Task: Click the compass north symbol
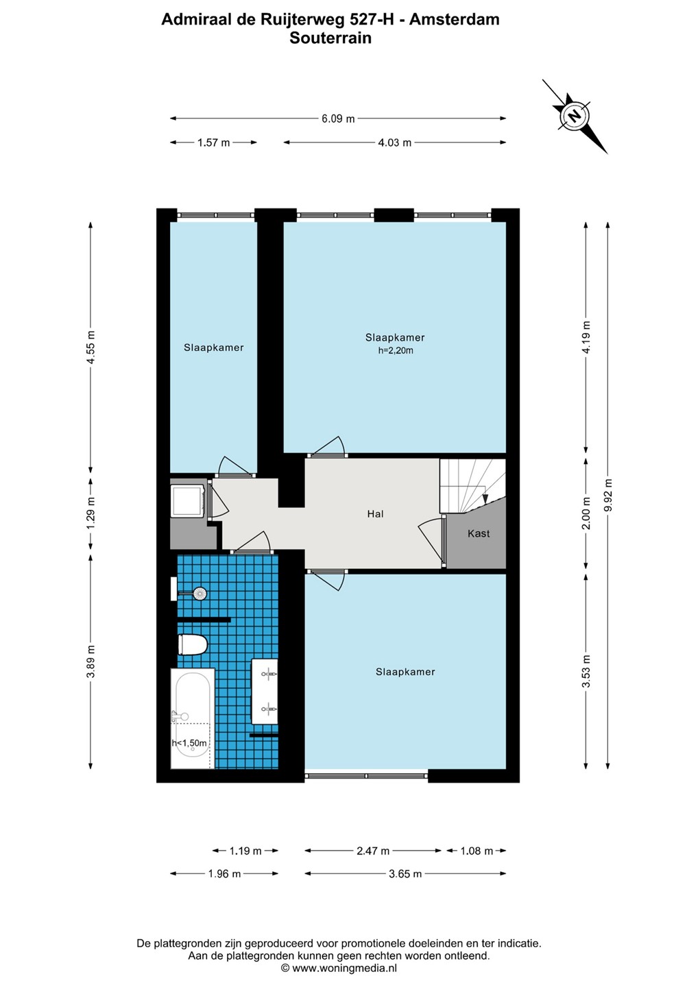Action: tap(574, 117)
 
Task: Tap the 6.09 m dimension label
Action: tap(338, 119)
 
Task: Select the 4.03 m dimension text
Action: tap(395, 143)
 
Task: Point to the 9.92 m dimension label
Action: tap(609, 496)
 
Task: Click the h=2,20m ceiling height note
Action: tap(395, 351)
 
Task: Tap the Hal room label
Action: tap(376, 514)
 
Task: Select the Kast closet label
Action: tap(479, 533)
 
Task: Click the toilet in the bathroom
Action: tap(193, 644)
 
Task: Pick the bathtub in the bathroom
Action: tap(193, 718)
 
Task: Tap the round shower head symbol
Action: tap(200, 593)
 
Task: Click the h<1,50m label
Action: tap(189, 743)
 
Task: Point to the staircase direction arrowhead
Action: tap(485, 499)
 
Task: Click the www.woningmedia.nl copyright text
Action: tap(339, 968)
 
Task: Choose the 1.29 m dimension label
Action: tap(91, 515)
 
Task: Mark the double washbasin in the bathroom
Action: tap(265, 692)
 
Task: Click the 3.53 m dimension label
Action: tap(586, 672)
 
